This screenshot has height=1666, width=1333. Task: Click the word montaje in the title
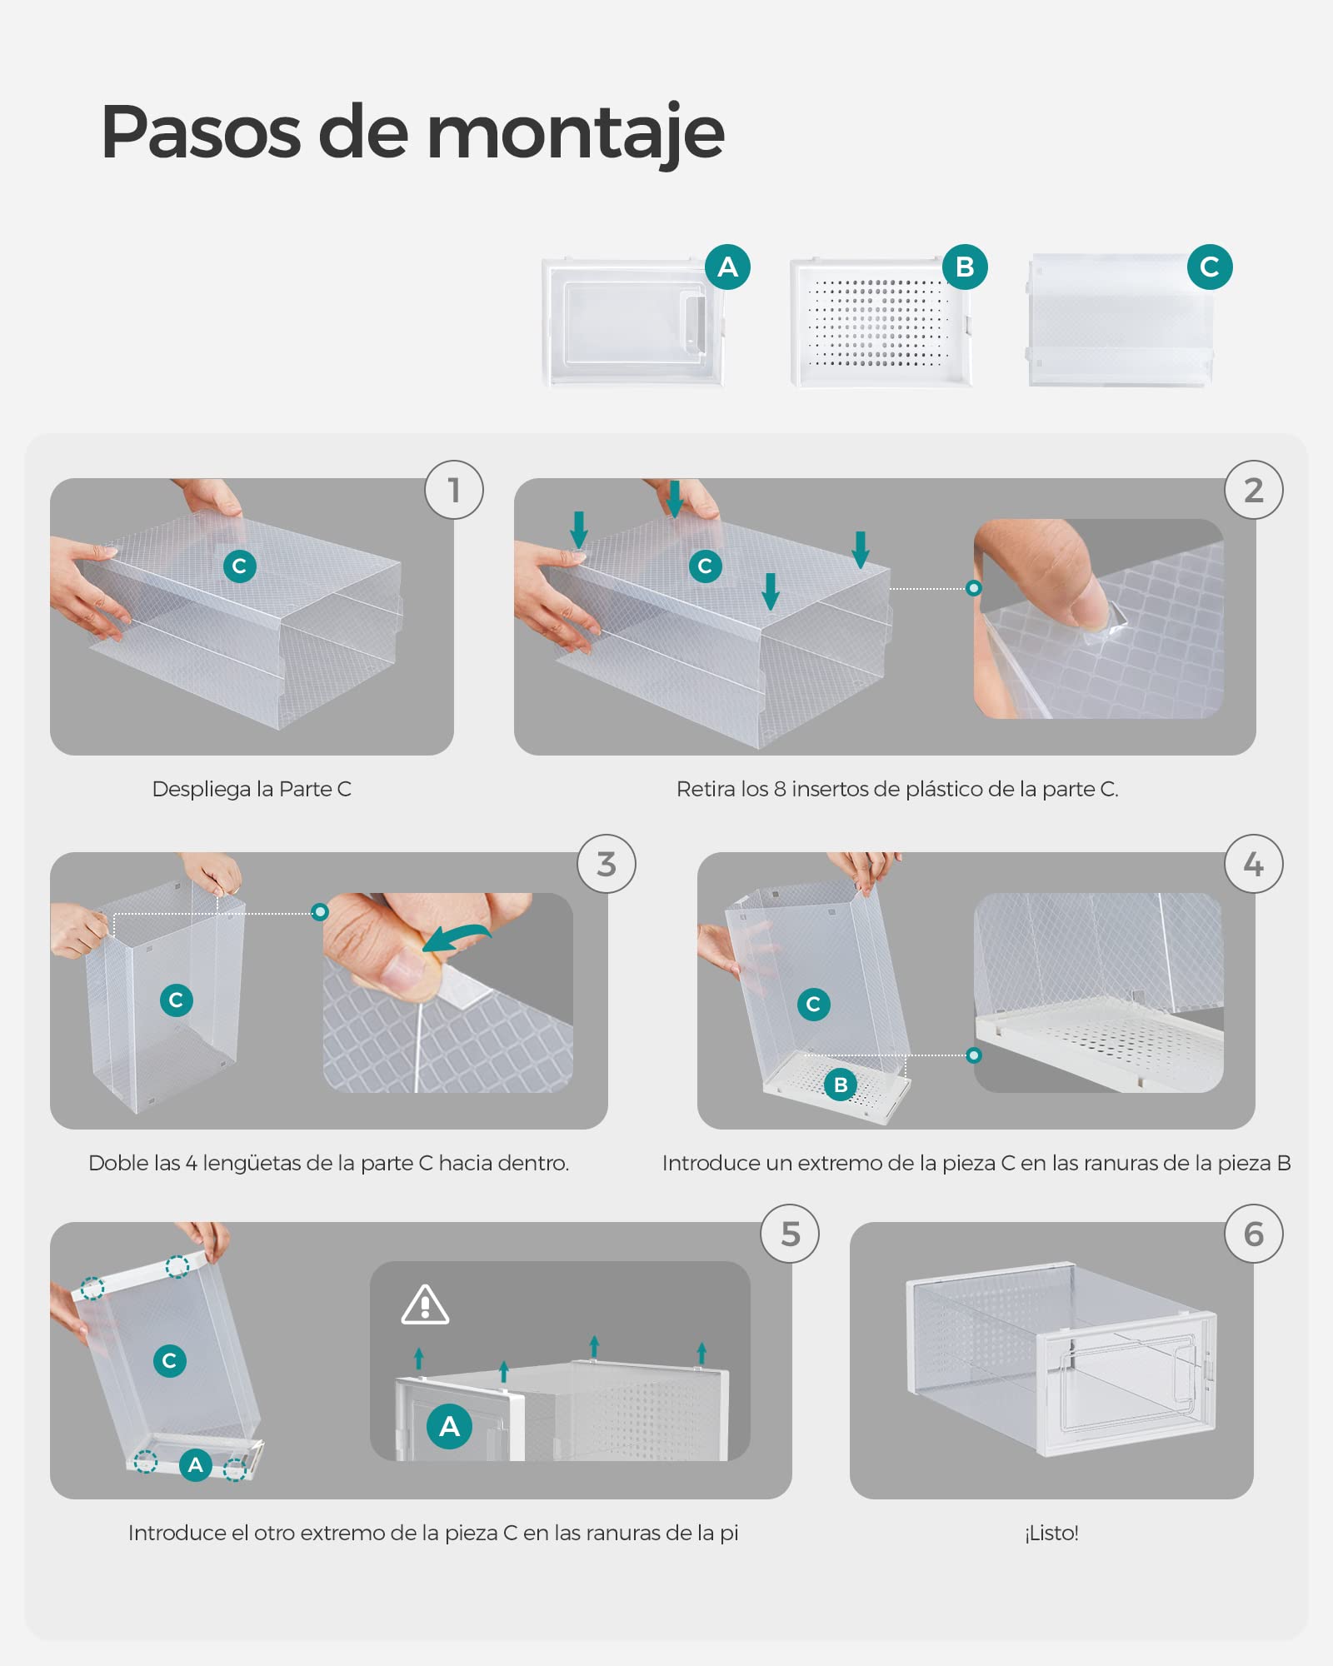575,133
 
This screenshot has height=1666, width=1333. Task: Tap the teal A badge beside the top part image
727,267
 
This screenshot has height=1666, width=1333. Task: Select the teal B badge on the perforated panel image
965,267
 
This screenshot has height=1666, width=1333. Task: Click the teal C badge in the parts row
1210,267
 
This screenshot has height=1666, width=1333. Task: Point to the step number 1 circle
454,490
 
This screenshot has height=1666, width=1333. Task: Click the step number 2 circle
1254,490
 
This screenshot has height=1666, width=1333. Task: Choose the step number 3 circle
607,864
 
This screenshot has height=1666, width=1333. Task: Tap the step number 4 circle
1254,864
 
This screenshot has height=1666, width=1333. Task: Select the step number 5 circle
790,1234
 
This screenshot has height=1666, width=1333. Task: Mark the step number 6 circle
1254,1234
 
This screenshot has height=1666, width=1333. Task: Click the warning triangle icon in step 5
425,1305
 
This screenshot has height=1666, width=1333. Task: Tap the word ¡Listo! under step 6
1051,1533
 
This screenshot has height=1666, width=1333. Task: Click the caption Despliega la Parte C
252,789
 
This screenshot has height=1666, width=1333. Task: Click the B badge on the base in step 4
841,1085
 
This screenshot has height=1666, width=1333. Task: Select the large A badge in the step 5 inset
449,1426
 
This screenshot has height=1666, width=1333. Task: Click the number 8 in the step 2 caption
780,789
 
